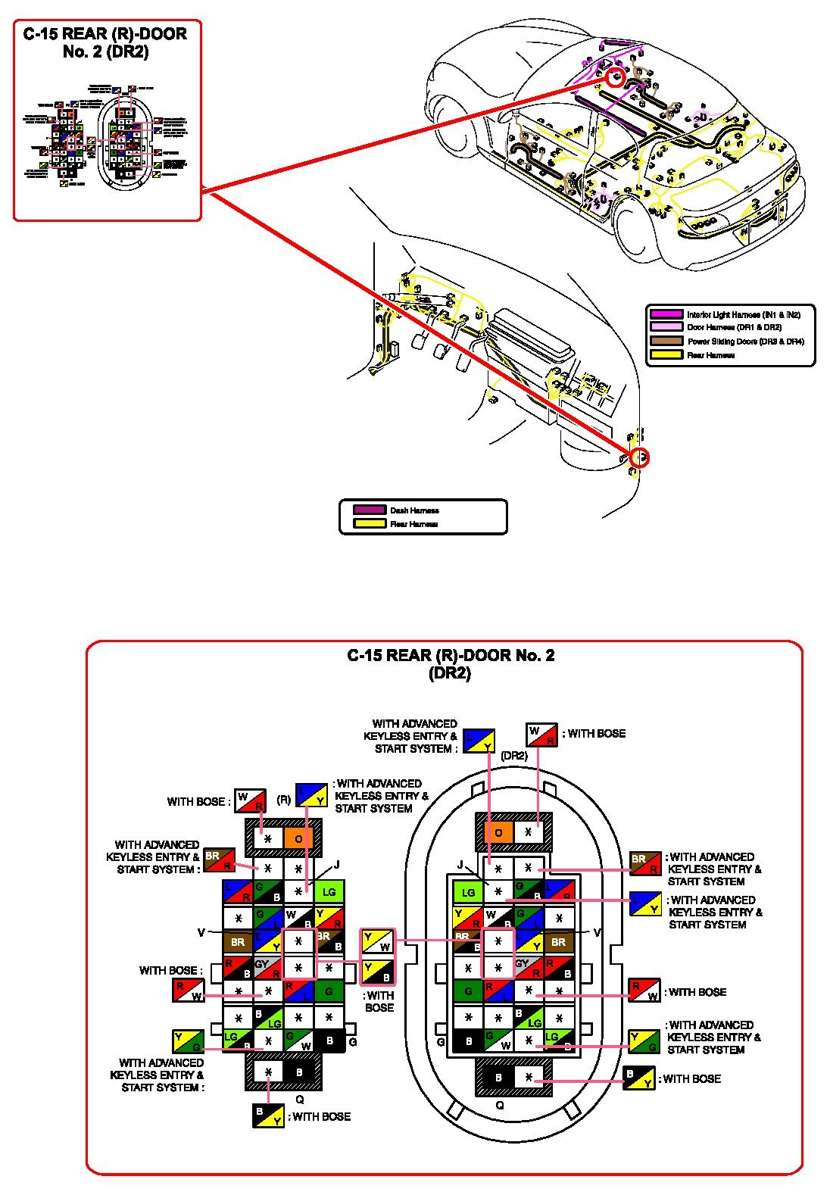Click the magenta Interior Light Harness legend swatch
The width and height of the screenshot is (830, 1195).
(666, 314)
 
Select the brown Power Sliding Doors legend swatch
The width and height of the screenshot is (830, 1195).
(666, 341)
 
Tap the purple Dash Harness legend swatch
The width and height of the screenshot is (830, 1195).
(370, 510)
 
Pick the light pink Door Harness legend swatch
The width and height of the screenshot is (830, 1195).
(666, 327)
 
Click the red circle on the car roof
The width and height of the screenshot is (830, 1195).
(615, 76)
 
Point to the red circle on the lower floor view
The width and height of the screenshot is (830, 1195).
(640, 457)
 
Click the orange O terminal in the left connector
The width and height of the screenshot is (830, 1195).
(298, 838)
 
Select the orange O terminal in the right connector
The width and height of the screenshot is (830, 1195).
(498, 832)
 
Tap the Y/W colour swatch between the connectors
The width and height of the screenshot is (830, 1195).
(377, 941)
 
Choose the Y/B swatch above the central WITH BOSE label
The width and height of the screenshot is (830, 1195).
(377, 972)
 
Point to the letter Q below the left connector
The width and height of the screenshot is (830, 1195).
(300, 1099)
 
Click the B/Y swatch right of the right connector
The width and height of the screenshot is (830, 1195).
(638, 1078)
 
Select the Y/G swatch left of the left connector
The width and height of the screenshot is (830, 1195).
(188, 1041)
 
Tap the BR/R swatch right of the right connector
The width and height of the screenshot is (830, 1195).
(645, 863)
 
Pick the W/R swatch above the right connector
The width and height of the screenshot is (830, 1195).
(541, 735)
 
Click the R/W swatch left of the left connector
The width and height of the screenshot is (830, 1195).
(188, 991)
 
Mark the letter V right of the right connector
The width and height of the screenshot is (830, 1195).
(597, 932)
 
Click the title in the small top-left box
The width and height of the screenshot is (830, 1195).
(105, 42)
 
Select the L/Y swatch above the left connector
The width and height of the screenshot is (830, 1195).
(310, 795)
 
